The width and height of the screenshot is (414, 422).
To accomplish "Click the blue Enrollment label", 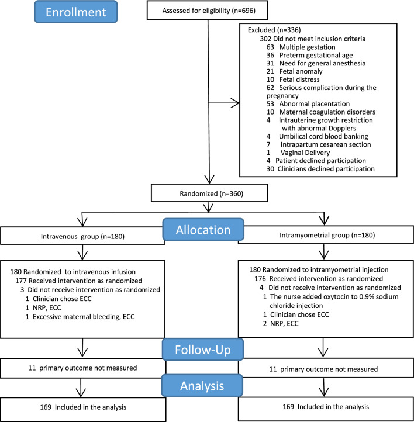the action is (x=76, y=12).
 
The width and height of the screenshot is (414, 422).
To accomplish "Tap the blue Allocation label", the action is (x=203, y=230).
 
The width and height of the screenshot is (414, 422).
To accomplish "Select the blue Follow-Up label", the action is (x=203, y=350).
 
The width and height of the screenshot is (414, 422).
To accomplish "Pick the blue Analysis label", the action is (x=202, y=386).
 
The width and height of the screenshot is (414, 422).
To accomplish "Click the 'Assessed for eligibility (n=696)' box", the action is (x=207, y=10).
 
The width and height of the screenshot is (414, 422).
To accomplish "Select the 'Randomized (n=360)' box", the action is (x=209, y=193).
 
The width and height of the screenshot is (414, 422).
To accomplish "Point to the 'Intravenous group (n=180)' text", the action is (x=82, y=237).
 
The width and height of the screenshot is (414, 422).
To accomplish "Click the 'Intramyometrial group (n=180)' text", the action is (x=327, y=235).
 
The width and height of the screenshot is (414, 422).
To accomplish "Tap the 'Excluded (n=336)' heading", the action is (x=274, y=30).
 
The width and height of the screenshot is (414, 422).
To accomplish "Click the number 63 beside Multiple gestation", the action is (x=270, y=47).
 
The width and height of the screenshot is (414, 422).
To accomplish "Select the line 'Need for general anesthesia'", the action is (x=322, y=63).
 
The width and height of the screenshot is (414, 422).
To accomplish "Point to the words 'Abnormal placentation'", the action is (x=315, y=104).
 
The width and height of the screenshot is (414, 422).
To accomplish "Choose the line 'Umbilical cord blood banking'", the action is (x=323, y=136).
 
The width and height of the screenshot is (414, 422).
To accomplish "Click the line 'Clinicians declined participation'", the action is (x=326, y=169).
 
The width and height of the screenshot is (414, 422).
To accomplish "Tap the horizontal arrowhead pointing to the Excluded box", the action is (x=235, y=103).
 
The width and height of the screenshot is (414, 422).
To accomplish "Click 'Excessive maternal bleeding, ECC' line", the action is (x=84, y=317).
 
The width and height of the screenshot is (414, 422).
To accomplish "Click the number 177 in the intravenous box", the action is (x=20, y=281).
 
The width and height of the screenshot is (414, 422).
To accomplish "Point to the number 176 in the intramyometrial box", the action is (x=260, y=279).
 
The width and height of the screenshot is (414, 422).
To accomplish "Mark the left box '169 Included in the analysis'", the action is (x=83, y=409).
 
